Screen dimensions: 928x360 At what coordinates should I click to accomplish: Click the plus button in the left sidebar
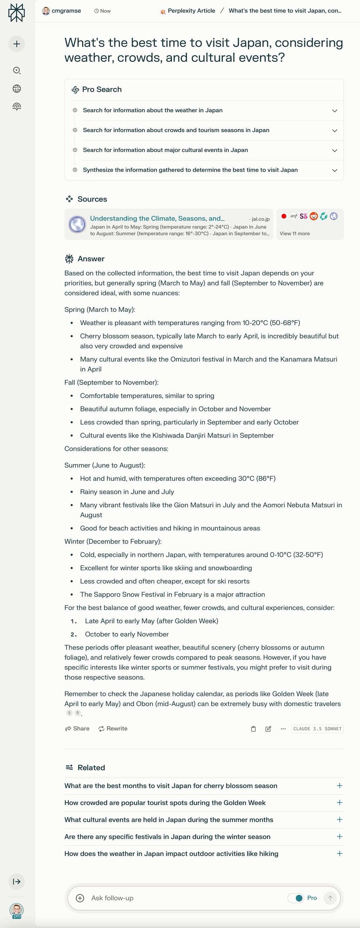17,44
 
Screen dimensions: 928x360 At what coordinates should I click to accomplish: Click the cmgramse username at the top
66,11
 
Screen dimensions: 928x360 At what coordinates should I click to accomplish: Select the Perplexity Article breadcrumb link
191,11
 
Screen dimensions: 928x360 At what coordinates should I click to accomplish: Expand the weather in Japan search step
334,111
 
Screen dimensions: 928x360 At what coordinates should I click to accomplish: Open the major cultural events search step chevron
334,150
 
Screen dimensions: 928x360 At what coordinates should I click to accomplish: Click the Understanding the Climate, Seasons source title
157,218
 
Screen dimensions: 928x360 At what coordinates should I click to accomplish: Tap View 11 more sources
294,233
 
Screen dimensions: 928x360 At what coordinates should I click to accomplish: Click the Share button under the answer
77,728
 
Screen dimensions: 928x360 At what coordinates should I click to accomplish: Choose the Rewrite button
113,728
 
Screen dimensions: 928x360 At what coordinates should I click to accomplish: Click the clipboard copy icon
253,729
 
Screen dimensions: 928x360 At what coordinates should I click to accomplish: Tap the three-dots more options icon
283,729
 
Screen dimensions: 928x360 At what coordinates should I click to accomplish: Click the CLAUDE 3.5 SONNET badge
317,729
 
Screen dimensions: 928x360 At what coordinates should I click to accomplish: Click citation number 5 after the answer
70,713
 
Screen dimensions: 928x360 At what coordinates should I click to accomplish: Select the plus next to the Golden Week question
339,803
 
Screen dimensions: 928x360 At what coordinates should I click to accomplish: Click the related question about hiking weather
171,853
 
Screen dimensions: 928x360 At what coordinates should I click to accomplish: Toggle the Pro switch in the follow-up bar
296,898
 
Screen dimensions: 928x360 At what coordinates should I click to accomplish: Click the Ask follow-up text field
180,898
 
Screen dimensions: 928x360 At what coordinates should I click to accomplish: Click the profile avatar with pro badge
17,910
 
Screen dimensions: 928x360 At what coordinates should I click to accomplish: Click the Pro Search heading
102,89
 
